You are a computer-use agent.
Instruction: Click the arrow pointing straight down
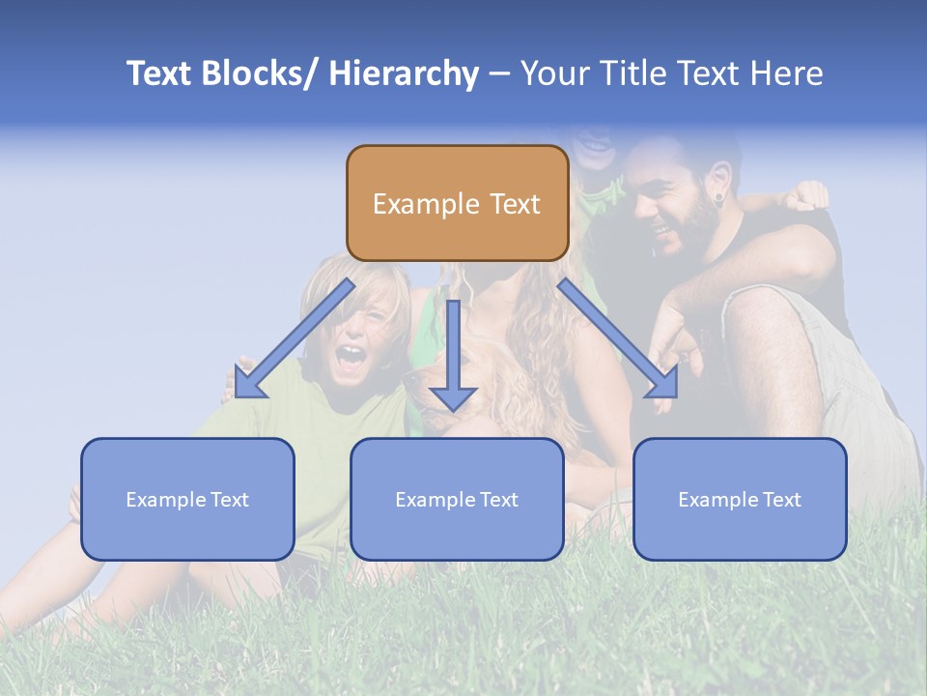pos(453,358)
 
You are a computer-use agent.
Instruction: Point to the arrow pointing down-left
pos(295,338)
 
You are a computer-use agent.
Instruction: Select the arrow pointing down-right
pos(618,338)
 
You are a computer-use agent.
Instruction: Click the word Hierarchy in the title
pos(404,73)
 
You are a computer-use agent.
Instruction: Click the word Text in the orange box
pos(514,204)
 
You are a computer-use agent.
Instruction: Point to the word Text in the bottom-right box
pos(780,500)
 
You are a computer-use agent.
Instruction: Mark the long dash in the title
pos(499,74)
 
